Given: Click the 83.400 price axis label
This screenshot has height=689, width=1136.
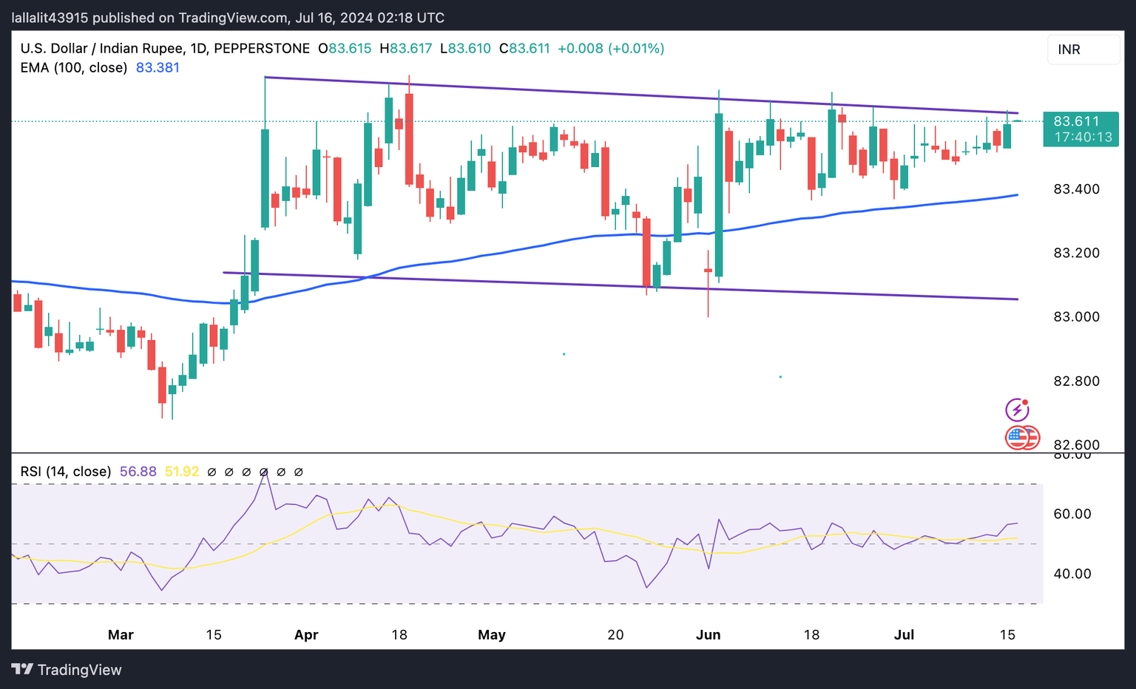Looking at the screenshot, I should pos(1076,189).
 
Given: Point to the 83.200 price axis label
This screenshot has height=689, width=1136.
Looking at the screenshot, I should pos(1076,253).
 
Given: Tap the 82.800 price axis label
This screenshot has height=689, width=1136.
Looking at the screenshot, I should pos(1076,381).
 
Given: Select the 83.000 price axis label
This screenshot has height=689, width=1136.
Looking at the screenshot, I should pos(1076,317).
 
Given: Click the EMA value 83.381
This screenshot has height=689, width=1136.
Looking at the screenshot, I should pos(158,68).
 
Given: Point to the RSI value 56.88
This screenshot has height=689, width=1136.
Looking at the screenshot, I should pos(138,472).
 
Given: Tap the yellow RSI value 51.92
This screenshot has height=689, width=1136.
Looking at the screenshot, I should pos(182,472).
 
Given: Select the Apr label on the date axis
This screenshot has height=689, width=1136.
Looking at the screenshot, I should pos(306,635).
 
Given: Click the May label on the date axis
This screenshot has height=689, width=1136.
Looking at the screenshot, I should pos(492,635).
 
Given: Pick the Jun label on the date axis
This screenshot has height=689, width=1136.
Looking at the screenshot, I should pos(709,635).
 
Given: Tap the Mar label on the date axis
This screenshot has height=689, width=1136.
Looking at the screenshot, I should pos(121,635).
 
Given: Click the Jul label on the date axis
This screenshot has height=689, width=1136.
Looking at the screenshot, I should pos(905,635).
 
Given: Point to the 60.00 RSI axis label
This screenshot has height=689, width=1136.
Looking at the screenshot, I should pos(1072,515).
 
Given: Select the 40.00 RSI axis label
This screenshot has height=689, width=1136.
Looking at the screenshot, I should pos(1072,574).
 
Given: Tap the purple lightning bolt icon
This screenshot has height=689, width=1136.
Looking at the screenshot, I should pos(1018,410).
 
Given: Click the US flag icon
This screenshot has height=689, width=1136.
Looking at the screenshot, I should pos(1018,437).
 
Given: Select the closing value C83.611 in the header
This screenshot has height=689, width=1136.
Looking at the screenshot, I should pos(525,49).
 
